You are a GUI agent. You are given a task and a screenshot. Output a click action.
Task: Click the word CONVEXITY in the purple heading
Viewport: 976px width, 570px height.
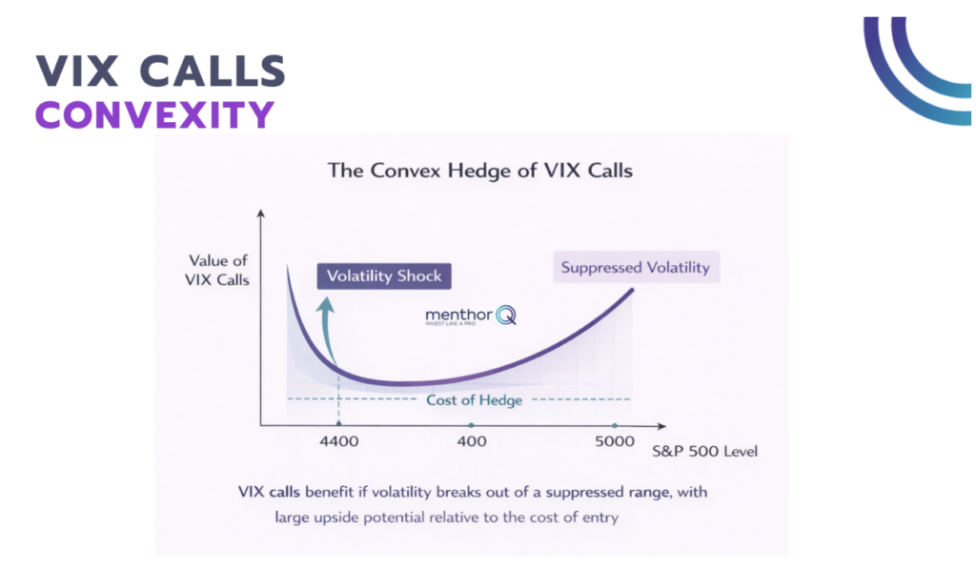[154, 114]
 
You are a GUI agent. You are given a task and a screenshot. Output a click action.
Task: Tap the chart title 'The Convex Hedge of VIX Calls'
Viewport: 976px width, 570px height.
[479, 172]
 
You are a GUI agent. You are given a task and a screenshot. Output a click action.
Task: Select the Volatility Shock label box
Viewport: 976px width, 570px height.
[384, 276]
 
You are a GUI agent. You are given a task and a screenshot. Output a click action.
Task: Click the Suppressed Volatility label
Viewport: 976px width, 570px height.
[635, 267]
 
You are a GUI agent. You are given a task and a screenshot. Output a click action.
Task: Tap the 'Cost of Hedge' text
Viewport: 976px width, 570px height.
[474, 399]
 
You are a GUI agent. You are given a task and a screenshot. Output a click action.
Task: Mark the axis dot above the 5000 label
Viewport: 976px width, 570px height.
[615, 426]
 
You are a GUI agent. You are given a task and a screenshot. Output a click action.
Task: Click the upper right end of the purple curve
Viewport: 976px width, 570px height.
[631, 289]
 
